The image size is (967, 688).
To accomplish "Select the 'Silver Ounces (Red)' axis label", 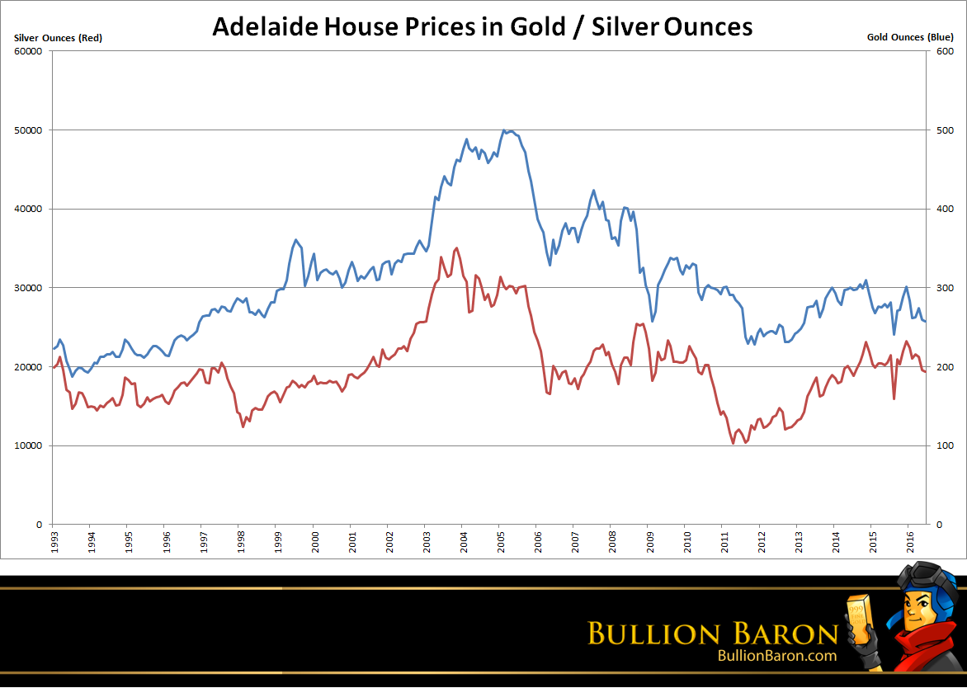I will pyautogui.click(x=58, y=37).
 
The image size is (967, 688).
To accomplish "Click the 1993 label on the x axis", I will pyautogui.click(x=53, y=541).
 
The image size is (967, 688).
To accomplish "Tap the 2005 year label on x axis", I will pyautogui.click(x=499, y=541).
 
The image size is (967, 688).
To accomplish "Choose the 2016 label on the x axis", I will pyautogui.click(x=908, y=541).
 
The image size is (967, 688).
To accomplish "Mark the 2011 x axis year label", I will pyautogui.click(x=723, y=541).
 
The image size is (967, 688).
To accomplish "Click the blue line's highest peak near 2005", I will pyautogui.click(x=504, y=130).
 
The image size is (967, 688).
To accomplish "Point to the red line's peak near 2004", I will pyautogui.click(x=457, y=247).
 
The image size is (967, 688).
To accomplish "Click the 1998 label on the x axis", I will pyautogui.click(x=239, y=541).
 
